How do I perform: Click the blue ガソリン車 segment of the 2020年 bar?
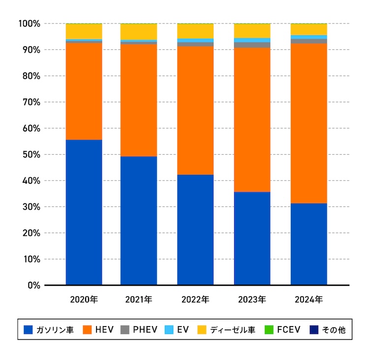click(84, 212)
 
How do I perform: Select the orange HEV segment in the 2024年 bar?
click(308, 123)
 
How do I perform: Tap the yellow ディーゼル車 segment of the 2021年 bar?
click(139, 32)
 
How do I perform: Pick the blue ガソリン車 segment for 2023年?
click(252, 238)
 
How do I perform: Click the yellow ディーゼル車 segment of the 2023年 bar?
click(252, 31)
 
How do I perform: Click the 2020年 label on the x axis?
click(84, 299)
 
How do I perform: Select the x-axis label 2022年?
click(195, 299)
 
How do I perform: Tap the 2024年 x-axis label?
click(308, 299)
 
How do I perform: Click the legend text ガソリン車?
click(56, 330)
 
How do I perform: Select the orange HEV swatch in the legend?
click(88, 330)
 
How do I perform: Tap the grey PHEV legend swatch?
click(125, 330)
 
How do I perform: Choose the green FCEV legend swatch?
click(269, 330)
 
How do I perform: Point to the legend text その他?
click(334, 330)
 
